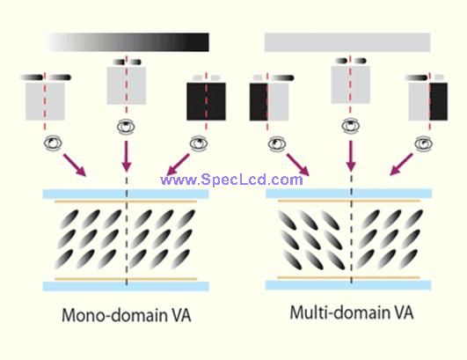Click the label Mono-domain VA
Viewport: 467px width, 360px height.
pyautogui.click(x=127, y=315)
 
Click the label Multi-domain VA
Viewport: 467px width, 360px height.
pyautogui.click(x=352, y=312)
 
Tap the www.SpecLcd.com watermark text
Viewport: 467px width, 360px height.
pyautogui.click(x=231, y=180)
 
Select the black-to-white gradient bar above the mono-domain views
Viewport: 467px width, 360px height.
pyautogui.click(x=128, y=42)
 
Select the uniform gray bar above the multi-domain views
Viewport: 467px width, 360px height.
pyautogui.click(x=347, y=42)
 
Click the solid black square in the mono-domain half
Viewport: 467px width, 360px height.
pyautogui.click(x=206, y=101)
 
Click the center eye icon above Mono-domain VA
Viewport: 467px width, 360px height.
pyautogui.click(x=126, y=127)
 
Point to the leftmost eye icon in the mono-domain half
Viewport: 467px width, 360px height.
pyautogui.click(x=53, y=143)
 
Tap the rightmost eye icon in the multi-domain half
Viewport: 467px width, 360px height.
pyautogui.click(x=424, y=143)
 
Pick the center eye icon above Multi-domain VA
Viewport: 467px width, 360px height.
pyautogui.click(x=351, y=126)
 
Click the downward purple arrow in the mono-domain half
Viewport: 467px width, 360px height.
pyautogui.click(x=127, y=156)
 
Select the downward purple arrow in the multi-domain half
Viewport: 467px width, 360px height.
pyautogui.click(x=351, y=156)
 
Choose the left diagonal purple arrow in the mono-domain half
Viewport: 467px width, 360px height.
pyautogui.click(x=75, y=165)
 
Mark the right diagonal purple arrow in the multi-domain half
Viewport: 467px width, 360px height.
pyautogui.click(x=401, y=165)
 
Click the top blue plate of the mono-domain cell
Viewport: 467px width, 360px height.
pyautogui.click(x=126, y=194)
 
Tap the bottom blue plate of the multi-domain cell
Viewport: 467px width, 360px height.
pyautogui.click(x=348, y=285)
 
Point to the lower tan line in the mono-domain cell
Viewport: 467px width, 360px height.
pyautogui.click(x=126, y=279)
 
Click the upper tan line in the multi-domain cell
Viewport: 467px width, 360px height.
pyautogui.click(x=349, y=201)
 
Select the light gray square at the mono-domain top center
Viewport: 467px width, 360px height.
pyautogui.click(x=127, y=86)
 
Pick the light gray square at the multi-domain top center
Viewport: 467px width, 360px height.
pyautogui.click(x=351, y=84)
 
